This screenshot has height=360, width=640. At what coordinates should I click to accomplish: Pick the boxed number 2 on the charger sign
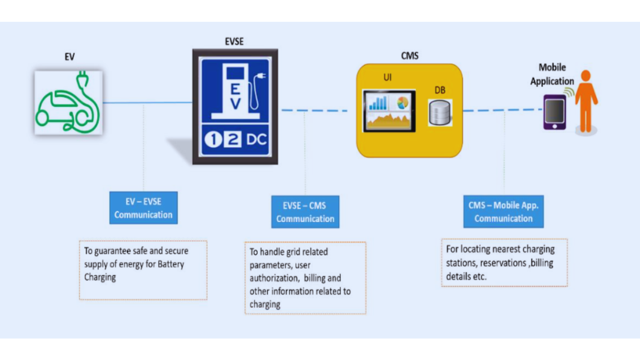pyautogui.click(x=231, y=141)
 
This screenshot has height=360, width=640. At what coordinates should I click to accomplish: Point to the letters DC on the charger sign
pyautogui.click(x=254, y=141)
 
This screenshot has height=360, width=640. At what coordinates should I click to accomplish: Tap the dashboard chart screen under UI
pyautogui.click(x=388, y=110)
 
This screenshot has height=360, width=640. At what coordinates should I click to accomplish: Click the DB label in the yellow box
pyautogui.click(x=440, y=90)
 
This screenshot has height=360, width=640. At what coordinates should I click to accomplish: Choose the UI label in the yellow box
pyautogui.click(x=387, y=78)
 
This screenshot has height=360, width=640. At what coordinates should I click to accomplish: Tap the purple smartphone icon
pyautogui.click(x=555, y=112)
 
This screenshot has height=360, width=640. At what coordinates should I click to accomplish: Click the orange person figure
pyautogui.click(x=586, y=101)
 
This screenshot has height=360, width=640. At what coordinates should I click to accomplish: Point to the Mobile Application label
pyautogui.click(x=552, y=74)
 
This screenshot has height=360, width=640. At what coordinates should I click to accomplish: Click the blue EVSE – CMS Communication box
pyautogui.click(x=305, y=212)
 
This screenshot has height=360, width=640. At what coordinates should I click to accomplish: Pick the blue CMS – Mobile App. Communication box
pyautogui.click(x=503, y=212)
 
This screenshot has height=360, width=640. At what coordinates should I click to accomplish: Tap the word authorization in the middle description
pyautogui.click(x=275, y=278)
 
